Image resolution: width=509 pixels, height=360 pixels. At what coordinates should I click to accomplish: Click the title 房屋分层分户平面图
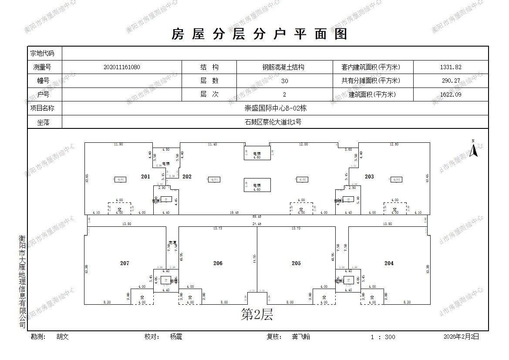coord(260,34)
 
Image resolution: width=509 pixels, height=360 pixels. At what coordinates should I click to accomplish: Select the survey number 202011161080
coord(122,67)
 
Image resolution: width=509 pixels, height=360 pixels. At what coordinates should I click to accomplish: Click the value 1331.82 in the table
coord(450,67)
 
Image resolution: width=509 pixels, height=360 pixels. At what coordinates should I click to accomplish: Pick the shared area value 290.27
coord(450,81)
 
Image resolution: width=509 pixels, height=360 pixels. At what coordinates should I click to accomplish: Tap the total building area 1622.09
coord(450,94)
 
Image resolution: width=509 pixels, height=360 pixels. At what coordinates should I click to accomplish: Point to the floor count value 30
coord(284,81)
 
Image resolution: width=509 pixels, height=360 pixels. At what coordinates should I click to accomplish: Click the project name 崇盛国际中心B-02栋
coord(275,108)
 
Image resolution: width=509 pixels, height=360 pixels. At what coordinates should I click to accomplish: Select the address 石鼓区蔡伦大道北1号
coord(273,122)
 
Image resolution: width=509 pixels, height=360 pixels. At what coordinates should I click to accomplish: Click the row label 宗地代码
coord(42,54)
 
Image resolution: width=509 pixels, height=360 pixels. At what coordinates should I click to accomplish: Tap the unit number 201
coord(145,177)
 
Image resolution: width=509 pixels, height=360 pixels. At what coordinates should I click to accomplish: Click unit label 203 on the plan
coord(369,177)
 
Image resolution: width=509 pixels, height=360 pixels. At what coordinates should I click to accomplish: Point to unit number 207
coord(125,263)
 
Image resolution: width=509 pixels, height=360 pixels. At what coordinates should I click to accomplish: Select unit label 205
coord(296,263)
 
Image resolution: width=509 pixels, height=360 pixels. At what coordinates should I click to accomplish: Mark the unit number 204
coord(389,263)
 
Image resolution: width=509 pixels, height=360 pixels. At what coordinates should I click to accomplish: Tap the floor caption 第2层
coord(257,315)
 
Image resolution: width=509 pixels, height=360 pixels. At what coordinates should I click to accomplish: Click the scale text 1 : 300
coord(383,337)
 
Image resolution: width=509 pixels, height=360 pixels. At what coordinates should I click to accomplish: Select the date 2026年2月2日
coord(461,336)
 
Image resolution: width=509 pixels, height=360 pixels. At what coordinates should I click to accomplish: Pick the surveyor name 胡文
coord(63,336)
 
